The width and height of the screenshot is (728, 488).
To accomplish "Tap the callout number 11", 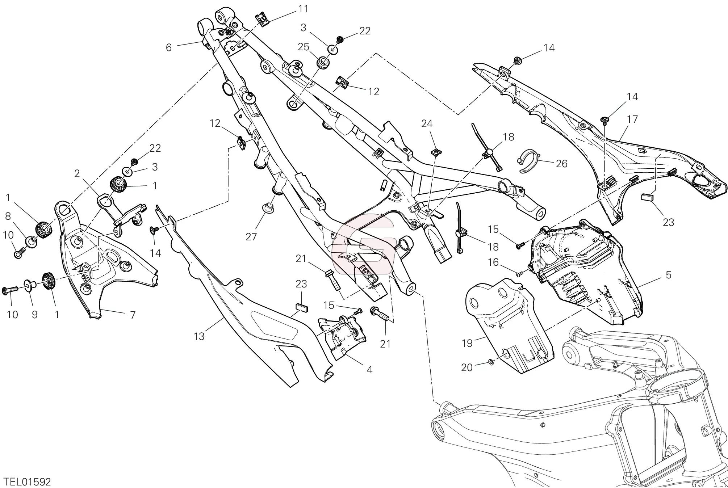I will coord(303,9).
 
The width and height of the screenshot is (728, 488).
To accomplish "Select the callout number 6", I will coord(168,47).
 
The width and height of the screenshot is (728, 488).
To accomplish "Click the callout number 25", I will coord(304,47).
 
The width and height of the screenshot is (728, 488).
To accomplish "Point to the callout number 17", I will coord(632,119).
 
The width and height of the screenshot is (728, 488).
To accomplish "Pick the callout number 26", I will coord(561,164).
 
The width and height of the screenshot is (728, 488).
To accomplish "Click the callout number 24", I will coord(427,124).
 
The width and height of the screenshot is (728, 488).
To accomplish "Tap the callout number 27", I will coord(251,237).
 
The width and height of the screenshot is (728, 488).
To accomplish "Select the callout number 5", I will coord(668,275).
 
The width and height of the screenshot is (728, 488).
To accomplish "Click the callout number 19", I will coord(467,343).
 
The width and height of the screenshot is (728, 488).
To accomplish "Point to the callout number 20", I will coord(467,367).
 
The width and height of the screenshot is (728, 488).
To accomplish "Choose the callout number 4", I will coord(369,370).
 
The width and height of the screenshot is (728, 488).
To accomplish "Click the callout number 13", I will coord(199,336).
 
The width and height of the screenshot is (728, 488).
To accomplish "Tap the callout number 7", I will coord(133,315).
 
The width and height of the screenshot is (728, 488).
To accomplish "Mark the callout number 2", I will coord(77,174).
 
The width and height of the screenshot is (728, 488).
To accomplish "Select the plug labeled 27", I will coord(268,209).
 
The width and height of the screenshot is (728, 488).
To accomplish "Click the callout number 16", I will coord(493,262).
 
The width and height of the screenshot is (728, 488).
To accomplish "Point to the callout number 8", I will coord(8,216).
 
